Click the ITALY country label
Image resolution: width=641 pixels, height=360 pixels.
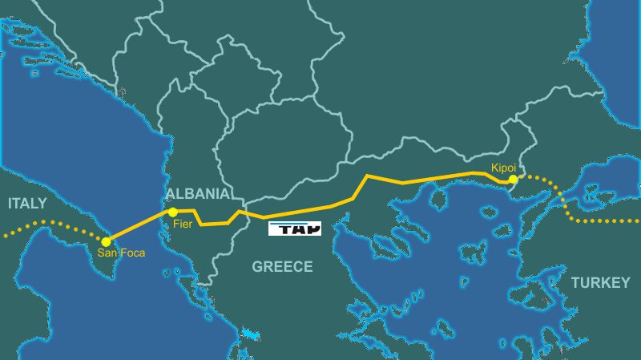coord(27,204)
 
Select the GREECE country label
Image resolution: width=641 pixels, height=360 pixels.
coord(282,267)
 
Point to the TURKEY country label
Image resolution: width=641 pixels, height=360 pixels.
coord(601,283)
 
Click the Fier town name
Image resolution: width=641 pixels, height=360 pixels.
coord(183,225)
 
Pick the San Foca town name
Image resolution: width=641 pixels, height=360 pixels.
coord(120,254)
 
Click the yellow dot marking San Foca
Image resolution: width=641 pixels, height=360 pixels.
coord(107,241)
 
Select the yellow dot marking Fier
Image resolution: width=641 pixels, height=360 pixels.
coord(172,212)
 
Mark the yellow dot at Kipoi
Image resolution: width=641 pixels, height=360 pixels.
coord(513,180)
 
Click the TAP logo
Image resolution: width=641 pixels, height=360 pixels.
coord(294,229)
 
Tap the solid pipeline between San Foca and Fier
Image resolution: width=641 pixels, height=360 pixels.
coord(139,227)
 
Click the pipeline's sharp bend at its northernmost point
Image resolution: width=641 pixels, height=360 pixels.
coord(367,175)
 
